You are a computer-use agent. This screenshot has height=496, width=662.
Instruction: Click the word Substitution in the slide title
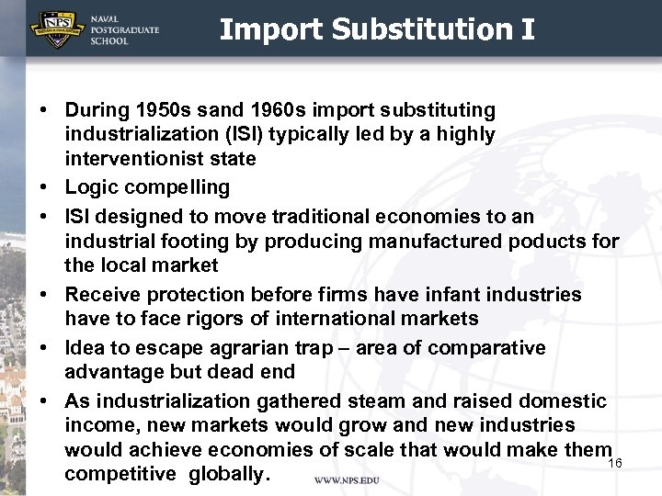pos(418,30)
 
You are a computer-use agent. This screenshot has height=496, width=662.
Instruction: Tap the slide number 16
pos(615,464)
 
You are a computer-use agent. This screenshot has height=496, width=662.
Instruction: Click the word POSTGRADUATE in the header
pos(124,29)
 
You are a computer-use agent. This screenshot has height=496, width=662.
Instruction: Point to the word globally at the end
pos(229,474)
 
